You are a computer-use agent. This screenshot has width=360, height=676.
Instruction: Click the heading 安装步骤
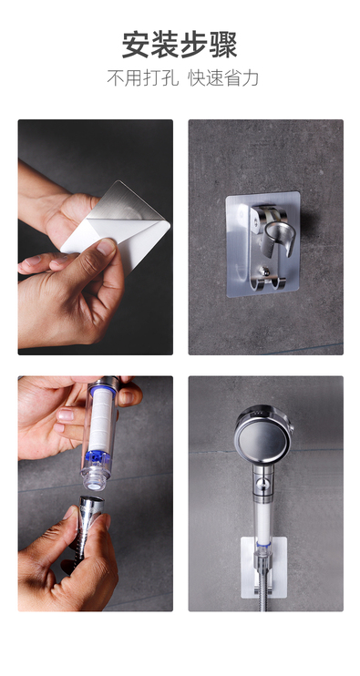[180, 45]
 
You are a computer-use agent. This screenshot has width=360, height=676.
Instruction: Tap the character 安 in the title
[136, 45]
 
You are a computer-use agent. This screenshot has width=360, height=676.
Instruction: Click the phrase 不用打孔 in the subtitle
[143, 78]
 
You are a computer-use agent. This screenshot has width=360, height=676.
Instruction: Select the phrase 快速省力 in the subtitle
[223, 78]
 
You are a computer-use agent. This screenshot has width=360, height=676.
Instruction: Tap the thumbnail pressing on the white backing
[106, 247]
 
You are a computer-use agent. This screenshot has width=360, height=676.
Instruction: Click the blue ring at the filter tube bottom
[97, 457]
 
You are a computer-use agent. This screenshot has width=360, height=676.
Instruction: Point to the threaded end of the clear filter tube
[95, 482]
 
